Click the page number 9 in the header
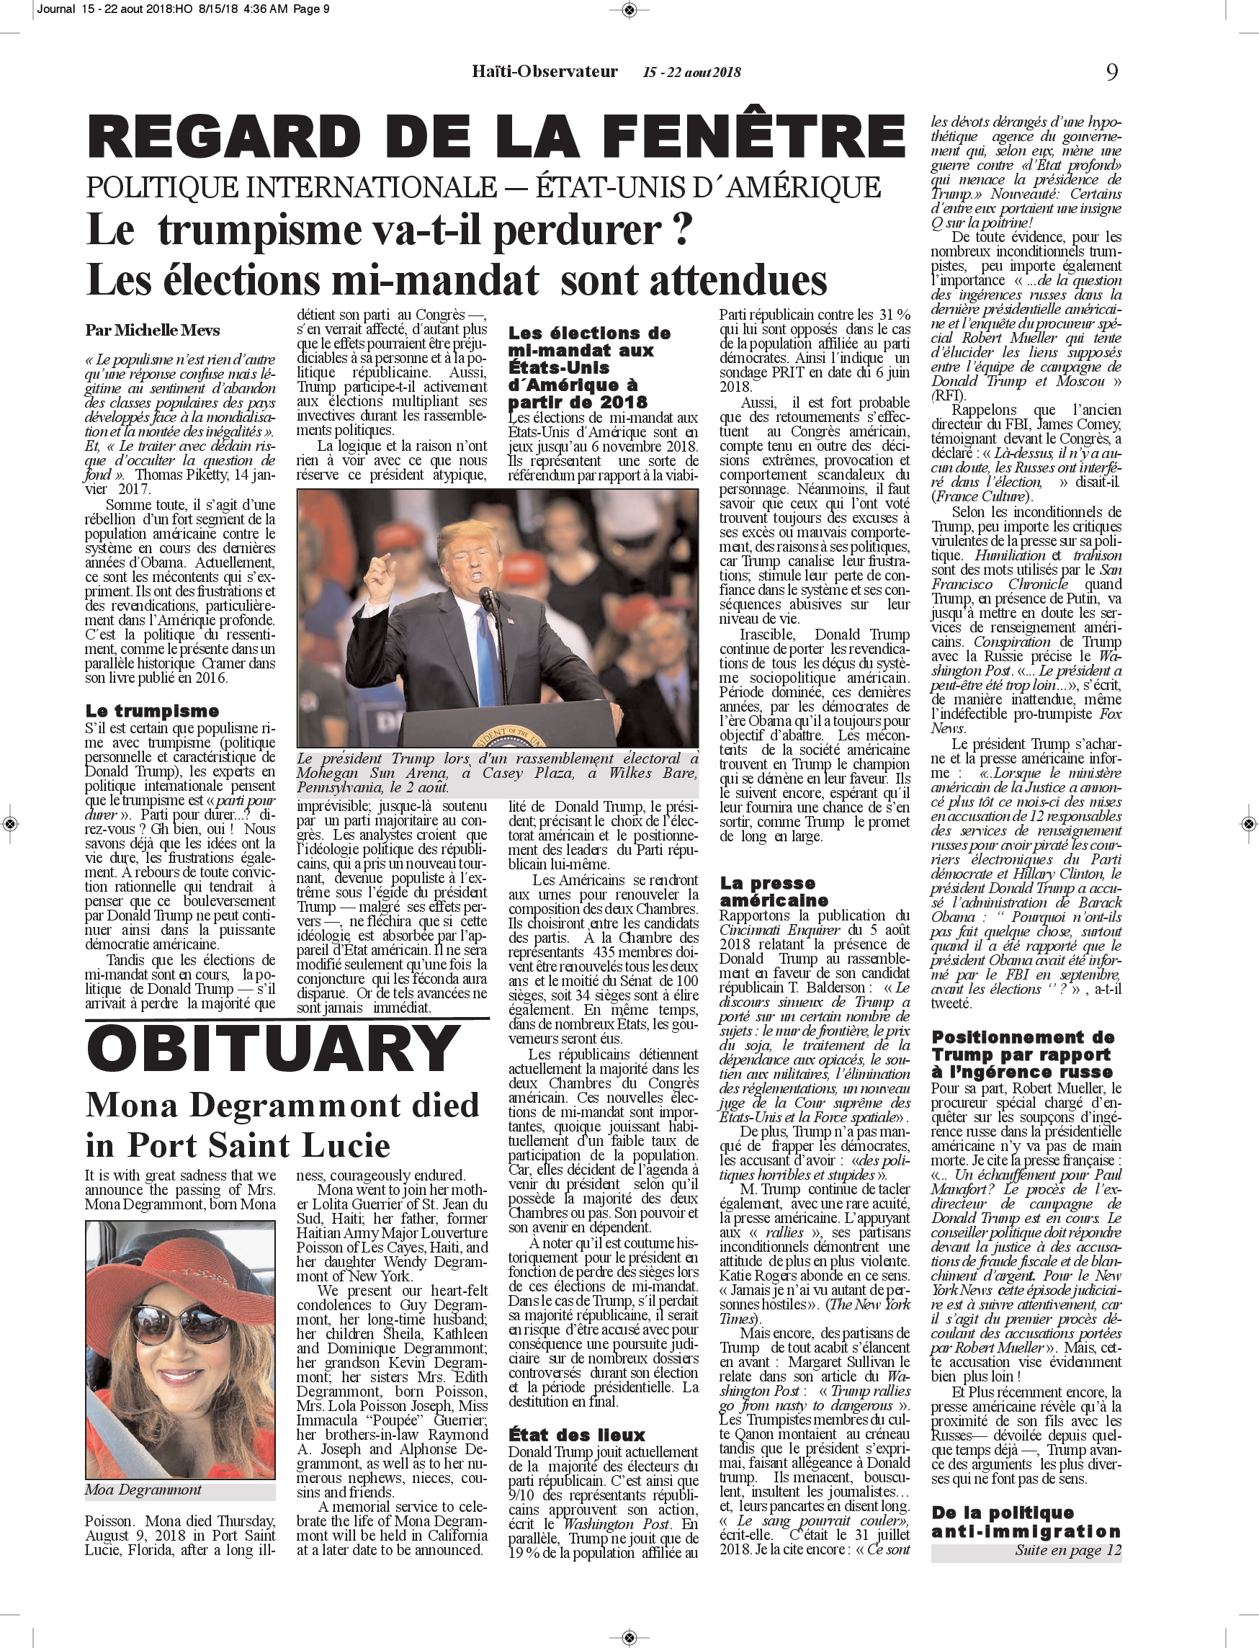pos(1112,72)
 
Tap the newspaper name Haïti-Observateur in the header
pos(545,72)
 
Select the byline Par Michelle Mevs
pos(152,330)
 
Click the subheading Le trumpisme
pos(152,710)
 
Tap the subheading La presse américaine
pos(774,892)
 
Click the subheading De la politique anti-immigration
pos(1025,1522)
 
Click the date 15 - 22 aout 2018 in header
pos(691,73)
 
